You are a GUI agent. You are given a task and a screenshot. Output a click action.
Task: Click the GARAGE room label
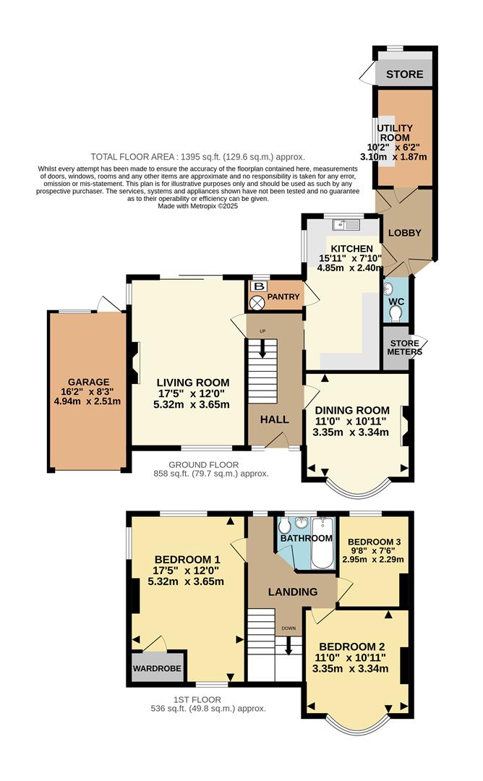click(88, 382)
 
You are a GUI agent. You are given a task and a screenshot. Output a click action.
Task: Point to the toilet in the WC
click(395, 312)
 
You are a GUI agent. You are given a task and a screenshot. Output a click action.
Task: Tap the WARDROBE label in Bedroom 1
click(156, 668)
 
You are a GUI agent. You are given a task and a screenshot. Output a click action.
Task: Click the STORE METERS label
click(404, 348)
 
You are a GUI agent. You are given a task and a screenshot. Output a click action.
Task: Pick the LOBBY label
click(405, 233)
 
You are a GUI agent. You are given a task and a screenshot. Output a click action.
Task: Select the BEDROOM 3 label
click(374, 542)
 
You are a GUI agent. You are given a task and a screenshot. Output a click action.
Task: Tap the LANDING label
click(293, 592)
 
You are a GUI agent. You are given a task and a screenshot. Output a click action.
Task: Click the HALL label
click(274, 419)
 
